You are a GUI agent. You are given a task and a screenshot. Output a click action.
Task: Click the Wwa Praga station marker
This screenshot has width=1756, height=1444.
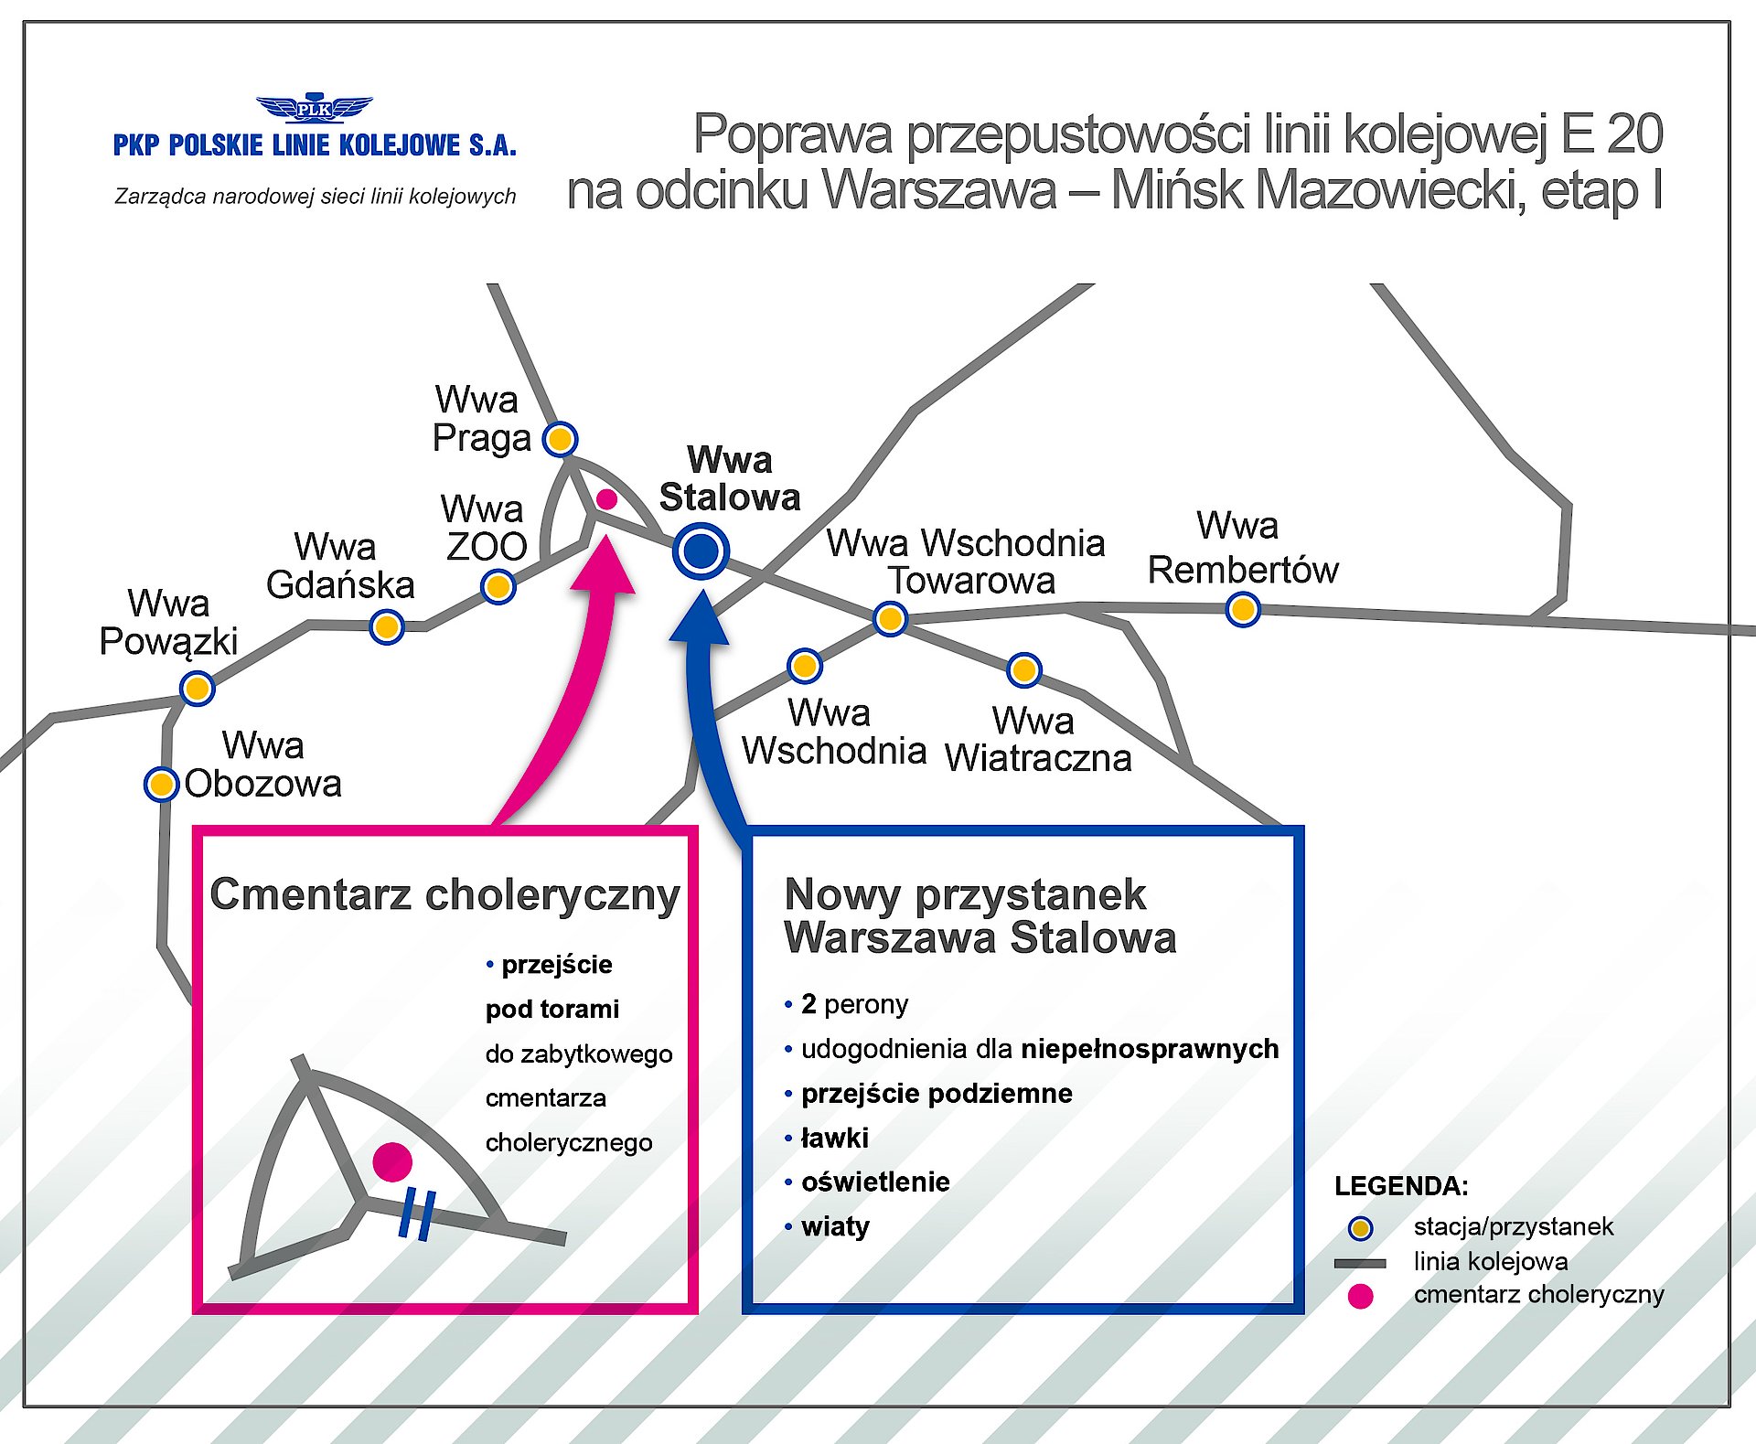click(560, 439)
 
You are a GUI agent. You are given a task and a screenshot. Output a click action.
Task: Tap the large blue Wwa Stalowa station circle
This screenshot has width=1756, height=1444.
click(701, 551)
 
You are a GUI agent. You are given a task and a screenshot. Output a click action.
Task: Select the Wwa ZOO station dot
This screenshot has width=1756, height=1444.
click(498, 586)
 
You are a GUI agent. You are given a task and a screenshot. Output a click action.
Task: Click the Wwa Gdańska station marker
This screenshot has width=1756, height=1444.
click(387, 627)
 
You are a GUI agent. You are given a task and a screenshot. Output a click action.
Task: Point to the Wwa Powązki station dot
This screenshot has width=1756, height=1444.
click(197, 688)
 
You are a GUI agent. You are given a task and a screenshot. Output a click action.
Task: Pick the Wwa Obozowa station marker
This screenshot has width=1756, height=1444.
click(161, 784)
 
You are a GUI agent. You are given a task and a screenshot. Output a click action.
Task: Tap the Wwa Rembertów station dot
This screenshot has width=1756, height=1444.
click(1243, 609)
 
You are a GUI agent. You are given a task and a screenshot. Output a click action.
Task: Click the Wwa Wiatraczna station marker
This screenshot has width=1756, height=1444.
click(1023, 670)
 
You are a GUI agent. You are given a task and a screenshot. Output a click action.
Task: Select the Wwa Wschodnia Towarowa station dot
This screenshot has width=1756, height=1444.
click(890, 619)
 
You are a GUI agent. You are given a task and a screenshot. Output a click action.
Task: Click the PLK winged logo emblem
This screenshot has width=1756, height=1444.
click(314, 109)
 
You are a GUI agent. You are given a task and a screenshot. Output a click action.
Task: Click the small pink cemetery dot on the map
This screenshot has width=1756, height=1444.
click(606, 499)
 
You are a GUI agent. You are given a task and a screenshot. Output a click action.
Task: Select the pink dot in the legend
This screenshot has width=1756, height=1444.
click(1360, 1296)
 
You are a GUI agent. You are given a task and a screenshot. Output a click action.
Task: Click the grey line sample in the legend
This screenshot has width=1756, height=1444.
click(1360, 1263)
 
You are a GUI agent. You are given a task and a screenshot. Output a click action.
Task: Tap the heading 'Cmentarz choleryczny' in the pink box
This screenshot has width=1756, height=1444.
click(444, 894)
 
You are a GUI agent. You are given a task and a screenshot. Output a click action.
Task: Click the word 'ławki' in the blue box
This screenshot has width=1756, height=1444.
click(834, 1138)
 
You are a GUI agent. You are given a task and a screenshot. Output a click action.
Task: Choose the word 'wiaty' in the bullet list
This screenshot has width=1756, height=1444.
click(835, 1226)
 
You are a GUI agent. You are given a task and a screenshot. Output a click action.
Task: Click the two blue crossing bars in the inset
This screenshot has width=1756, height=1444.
click(417, 1214)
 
